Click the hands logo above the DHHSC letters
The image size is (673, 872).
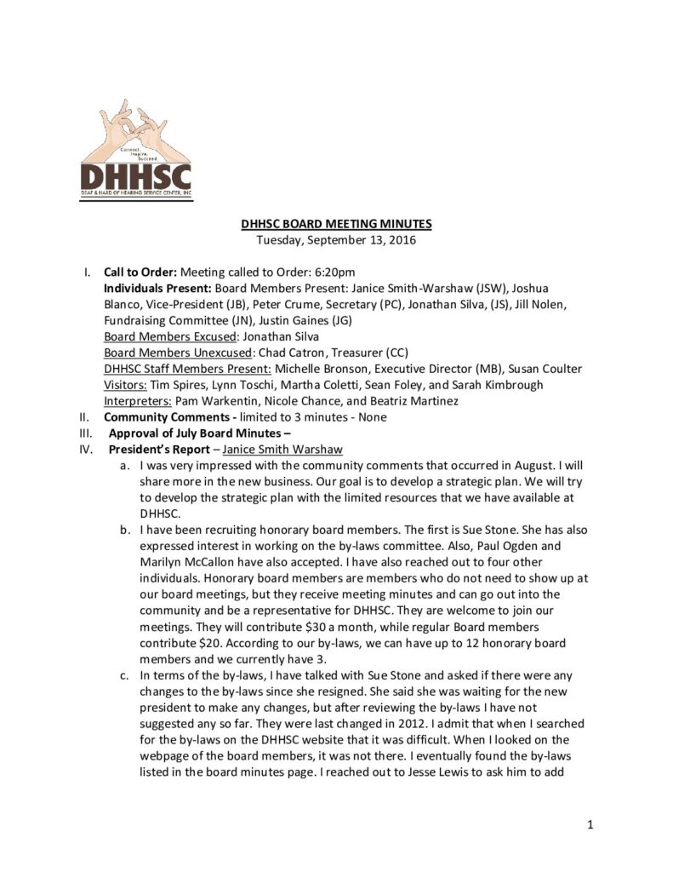135,129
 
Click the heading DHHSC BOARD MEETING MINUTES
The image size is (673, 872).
336,224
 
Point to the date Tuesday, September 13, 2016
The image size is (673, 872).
336,240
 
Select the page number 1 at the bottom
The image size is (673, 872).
589,824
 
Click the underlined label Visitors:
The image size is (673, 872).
126,385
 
